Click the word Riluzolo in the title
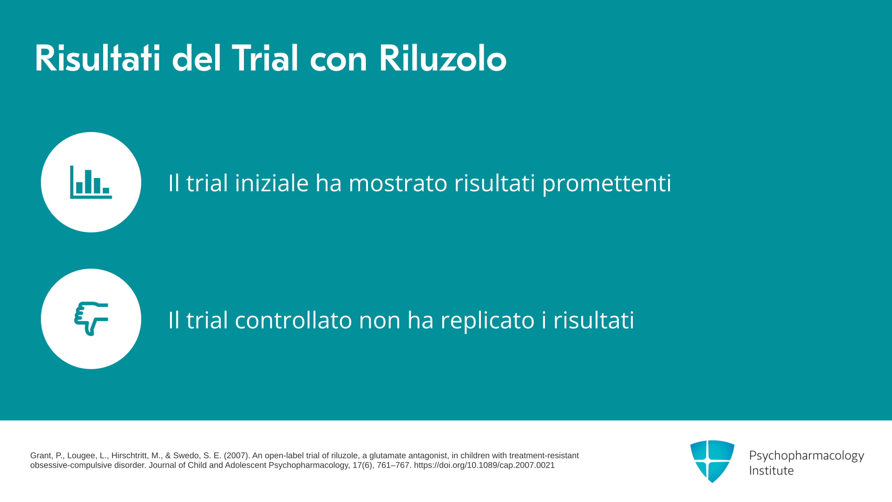tap(443, 59)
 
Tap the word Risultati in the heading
tap(98, 59)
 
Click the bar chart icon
tap(91, 182)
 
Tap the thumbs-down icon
tap(91, 319)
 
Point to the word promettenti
tap(606, 183)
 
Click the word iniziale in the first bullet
tap(272, 182)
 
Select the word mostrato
tap(398, 183)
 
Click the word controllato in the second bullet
tap(294, 320)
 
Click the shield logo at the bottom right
tap(712, 461)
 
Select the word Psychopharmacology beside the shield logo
tap(807, 456)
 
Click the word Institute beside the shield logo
tap(771, 470)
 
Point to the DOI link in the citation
tap(484, 465)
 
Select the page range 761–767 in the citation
tap(394, 465)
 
